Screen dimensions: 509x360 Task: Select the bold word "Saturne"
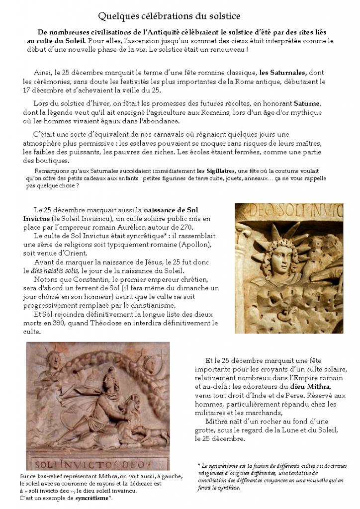pyautogui.click(x=307, y=103)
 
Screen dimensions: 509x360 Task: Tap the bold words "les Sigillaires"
pyautogui.click(x=216, y=171)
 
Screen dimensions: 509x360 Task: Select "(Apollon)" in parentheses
pyautogui.click(x=194, y=245)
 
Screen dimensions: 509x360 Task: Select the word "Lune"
pyautogui.click(x=289, y=430)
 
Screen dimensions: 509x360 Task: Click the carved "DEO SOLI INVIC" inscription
pyautogui.click(x=289, y=213)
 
